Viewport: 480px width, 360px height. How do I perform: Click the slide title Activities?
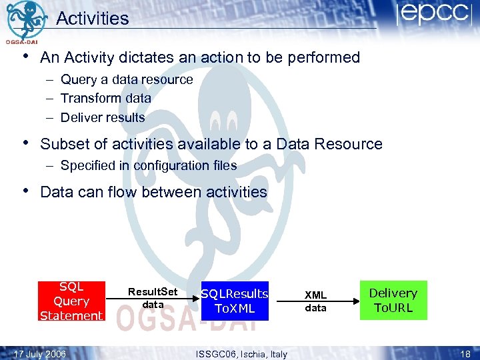[x=92, y=18]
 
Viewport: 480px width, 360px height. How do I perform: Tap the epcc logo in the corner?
[x=434, y=15]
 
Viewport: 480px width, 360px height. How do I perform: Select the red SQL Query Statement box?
[x=71, y=301]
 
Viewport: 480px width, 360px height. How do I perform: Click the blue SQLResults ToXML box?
[x=235, y=301]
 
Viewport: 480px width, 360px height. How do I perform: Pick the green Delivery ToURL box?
[x=393, y=300]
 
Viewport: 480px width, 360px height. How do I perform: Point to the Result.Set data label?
[x=153, y=298]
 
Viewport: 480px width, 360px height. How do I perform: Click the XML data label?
[x=315, y=301]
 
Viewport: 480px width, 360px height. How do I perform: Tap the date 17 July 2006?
[x=40, y=353]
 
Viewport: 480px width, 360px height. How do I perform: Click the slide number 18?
[x=465, y=353]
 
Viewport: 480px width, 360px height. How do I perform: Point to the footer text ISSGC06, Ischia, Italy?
[x=241, y=353]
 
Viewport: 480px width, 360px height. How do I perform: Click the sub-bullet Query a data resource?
[x=126, y=79]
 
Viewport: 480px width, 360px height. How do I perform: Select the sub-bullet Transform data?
[x=105, y=98]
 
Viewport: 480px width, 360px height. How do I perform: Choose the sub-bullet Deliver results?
[x=103, y=117]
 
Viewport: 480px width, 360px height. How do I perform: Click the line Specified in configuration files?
[x=148, y=165]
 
